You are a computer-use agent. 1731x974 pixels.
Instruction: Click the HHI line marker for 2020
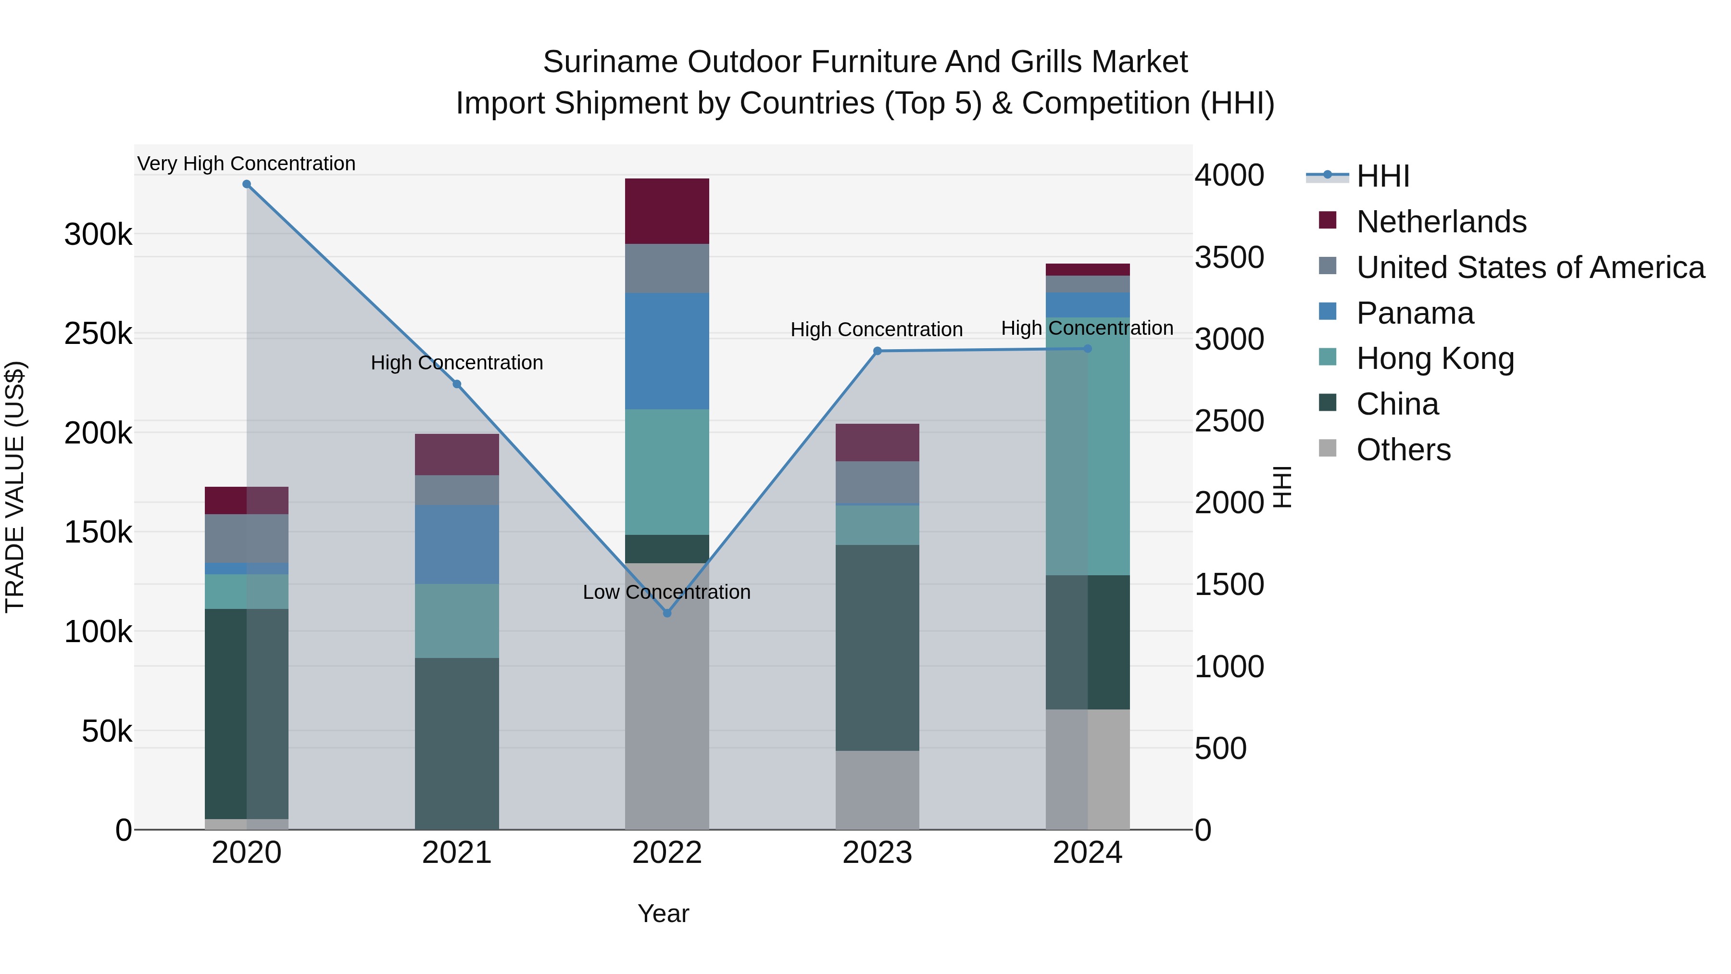tap(247, 184)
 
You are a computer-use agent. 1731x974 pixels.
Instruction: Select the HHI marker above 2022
tap(666, 613)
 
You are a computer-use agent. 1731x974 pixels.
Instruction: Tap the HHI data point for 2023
tap(877, 351)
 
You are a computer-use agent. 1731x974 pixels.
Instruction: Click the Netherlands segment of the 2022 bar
tap(666, 211)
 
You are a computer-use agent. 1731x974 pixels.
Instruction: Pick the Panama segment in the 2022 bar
tap(666, 351)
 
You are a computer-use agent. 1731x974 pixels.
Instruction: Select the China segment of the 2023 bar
tap(877, 647)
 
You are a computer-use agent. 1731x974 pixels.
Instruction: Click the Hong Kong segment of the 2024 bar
tap(1087, 446)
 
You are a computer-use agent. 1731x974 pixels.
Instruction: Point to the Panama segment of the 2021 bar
tap(456, 544)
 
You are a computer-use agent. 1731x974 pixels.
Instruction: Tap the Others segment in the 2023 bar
tap(877, 790)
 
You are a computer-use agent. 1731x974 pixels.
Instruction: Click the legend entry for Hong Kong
tap(1435, 359)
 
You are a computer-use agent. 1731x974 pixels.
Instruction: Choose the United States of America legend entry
tap(1530, 267)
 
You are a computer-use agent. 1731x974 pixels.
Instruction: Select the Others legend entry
tap(1403, 450)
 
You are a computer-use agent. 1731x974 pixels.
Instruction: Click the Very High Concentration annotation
tap(246, 164)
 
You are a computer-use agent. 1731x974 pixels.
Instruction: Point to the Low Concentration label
tap(666, 592)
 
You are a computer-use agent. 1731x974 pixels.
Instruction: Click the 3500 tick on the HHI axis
tap(1229, 257)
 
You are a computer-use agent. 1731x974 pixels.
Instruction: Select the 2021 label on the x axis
tap(456, 853)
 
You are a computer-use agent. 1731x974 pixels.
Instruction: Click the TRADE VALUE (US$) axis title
tap(15, 487)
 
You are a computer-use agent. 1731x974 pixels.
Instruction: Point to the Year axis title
tap(663, 913)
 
